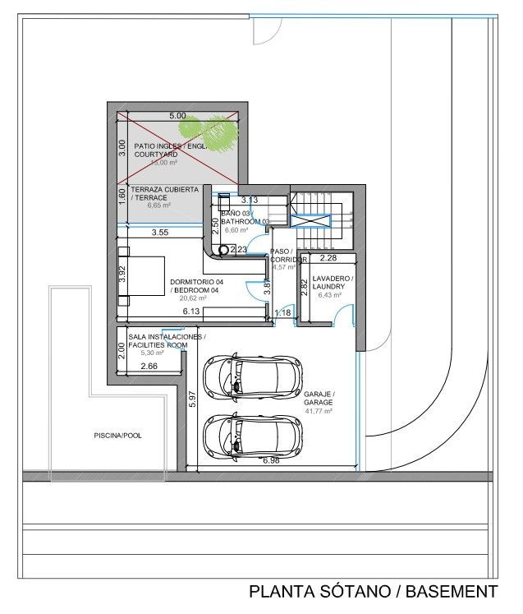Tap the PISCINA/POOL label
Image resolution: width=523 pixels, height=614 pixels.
118,436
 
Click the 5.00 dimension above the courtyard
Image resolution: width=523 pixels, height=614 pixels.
177,117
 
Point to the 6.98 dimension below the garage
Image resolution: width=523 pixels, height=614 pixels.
273,462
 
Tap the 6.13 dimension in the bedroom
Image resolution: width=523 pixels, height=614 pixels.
191,312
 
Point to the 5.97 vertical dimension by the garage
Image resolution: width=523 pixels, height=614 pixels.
191,399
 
